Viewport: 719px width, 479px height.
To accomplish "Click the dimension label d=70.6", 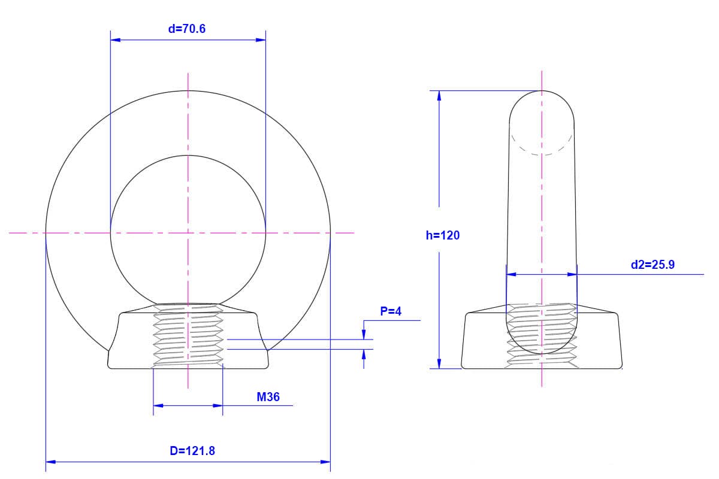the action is (187, 29).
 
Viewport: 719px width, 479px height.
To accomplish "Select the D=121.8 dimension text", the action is (192, 451).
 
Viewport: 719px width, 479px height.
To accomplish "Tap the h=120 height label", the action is (443, 235).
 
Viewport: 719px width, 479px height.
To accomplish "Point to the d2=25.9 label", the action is (652, 265).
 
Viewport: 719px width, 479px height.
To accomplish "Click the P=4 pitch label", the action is (391, 311).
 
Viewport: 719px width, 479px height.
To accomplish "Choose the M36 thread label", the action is (268, 397).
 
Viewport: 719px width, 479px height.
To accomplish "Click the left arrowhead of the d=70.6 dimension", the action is (116, 40).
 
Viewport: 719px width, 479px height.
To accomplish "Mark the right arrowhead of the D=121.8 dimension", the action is (325, 462).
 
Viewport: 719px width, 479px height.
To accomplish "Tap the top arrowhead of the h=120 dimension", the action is (439, 96).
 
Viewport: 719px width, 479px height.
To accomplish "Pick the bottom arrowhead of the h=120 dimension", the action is (439, 363).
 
